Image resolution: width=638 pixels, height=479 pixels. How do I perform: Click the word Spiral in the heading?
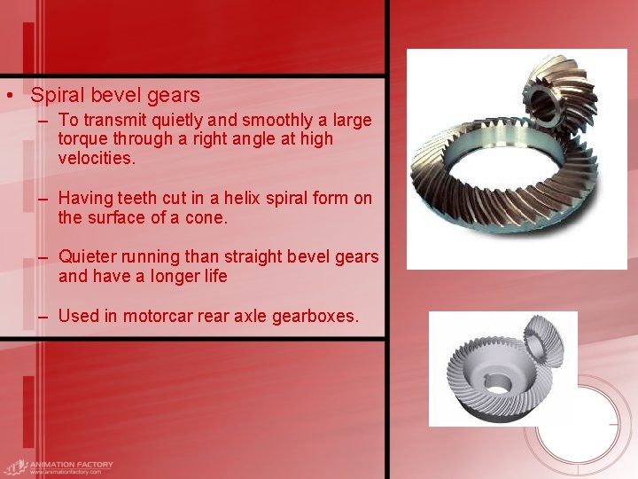pyautogui.click(x=57, y=95)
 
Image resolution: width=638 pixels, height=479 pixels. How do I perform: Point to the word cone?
pyautogui.click(x=205, y=217)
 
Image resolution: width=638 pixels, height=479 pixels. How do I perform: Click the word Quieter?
pyautogui.click(x=92, y=256)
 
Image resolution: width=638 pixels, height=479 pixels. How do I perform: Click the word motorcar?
pyautogui.click(x=159, y=316)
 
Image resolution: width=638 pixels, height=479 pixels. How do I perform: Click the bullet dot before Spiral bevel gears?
pyautogui.click(x=8, y=95)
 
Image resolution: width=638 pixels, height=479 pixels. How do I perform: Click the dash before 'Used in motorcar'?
pyautogui.click(x=43, y=317)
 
